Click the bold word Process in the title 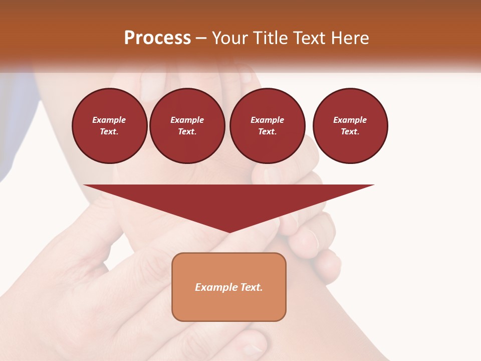pyautogui.click(x=157, y=38)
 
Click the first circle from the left pyautogui.click(x=109, y=126)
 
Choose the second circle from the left pyautogui.click(x=187, y=126)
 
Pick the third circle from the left pyautogui.click(x=267, y=126)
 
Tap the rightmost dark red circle pyautogui.click(x=350, y=126)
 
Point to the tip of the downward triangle pyautogui.click(x=229, y=232)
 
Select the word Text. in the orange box pyautogui.click(x=251, y=287)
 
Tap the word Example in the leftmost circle pyautogui.click(x=109, y=120)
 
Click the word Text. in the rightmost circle pyautogui.click(x=350, y=131)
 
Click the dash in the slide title pyautogui.click(x=201, y=38)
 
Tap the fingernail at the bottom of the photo pyautogui.click(x=253, y=348)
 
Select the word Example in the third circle pyautogui.click(x=267, y=120)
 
